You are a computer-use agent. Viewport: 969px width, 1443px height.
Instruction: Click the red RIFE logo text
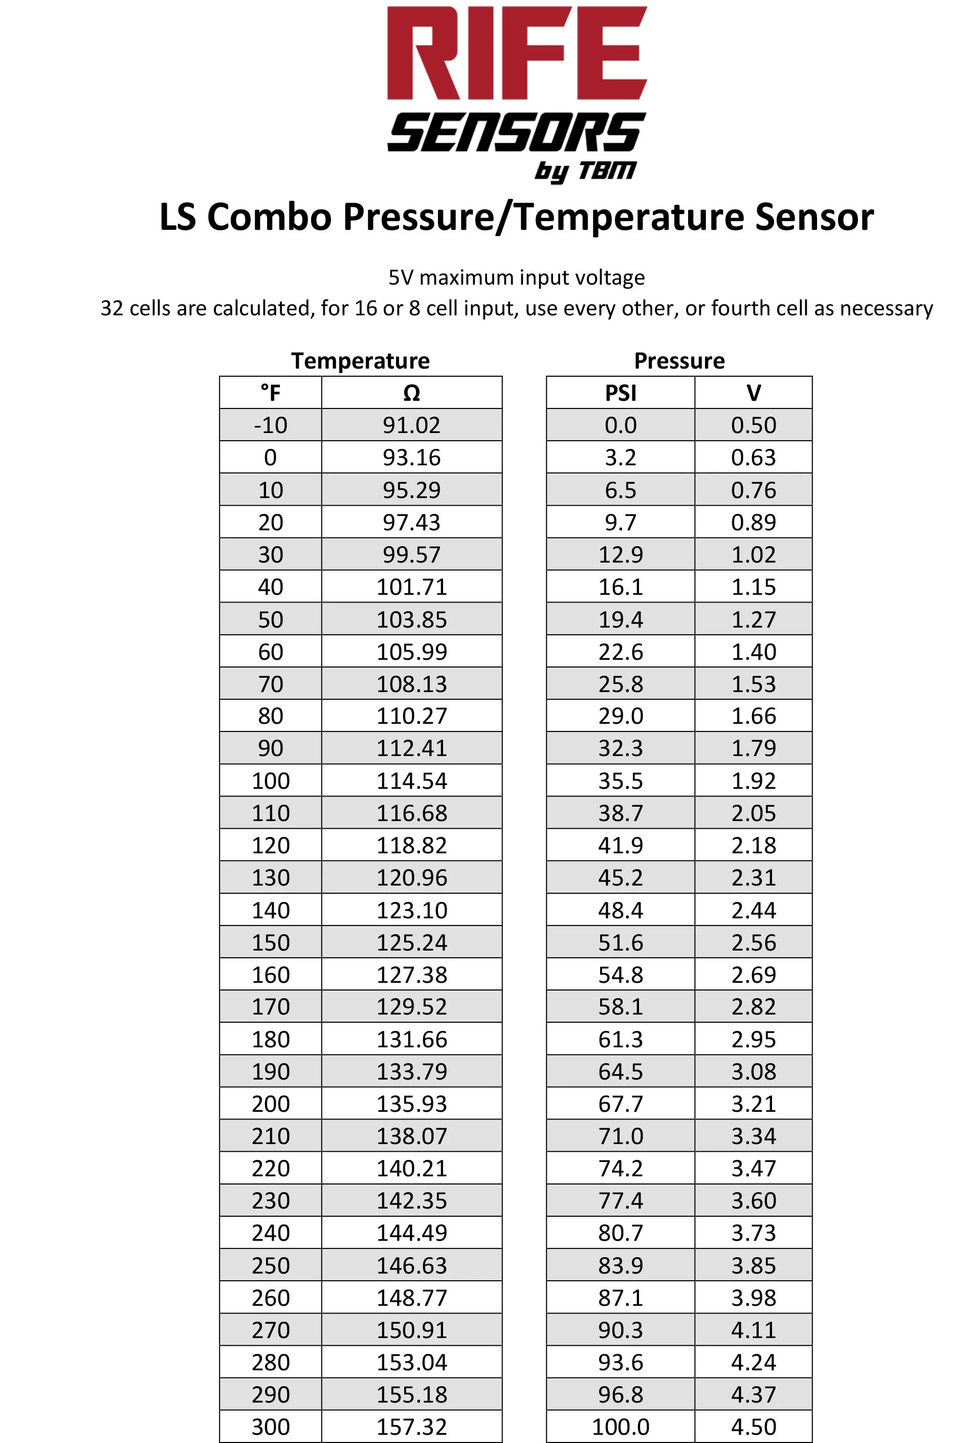click(x=517, y=54)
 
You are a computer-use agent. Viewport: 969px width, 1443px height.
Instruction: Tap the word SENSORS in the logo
click(x=517, y=132)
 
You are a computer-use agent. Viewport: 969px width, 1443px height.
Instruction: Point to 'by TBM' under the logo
click(x=585, y=170)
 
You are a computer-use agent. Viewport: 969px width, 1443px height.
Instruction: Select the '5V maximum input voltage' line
click(x=517, y=277)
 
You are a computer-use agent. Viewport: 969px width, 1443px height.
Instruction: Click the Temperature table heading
click(x=360, y=360)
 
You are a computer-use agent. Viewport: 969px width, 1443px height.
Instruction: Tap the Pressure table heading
click(x=679, y=360)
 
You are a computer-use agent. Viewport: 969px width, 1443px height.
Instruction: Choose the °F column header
click(x=270, y=393)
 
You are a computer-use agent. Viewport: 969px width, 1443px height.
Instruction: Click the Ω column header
click(x=411, y=393)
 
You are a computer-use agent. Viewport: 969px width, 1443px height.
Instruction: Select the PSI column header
click(x=621, y=393)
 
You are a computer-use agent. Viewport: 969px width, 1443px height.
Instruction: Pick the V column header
click(x=753, y=393)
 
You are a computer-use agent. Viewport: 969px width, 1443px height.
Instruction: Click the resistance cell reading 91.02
click(x=411, y=425)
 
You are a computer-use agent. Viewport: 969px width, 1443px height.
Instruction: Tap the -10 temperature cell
click(x=270, y=425)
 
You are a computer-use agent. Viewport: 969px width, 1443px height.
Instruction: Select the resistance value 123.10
click(x=411, y=910)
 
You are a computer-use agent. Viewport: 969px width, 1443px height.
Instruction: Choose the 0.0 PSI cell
click(x=621, y=425)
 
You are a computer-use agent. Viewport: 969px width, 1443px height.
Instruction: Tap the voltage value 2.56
click(x=753, y=942)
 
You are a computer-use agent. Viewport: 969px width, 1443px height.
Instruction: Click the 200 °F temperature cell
click(x=270, y=1104)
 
